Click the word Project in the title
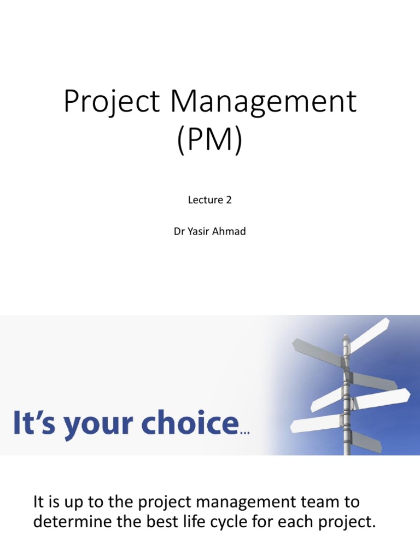click(x=107, y=103)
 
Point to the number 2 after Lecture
click(x=229, y=200)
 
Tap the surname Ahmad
click(x=232, y=232)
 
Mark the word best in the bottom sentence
click(x=174, y=521)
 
